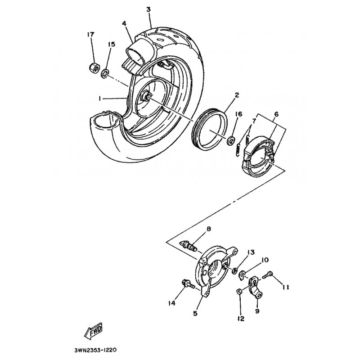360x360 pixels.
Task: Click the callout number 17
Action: (91, 35)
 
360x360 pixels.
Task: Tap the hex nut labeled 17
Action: (94, 67)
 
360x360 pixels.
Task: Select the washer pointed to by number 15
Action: (105, 74)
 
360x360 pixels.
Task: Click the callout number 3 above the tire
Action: (148, 9)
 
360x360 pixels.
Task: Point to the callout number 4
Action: (124, 23)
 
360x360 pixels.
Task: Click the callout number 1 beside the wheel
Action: (100, 98)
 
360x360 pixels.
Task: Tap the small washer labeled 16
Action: (230, 140)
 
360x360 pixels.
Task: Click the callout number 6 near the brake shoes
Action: (276, 114)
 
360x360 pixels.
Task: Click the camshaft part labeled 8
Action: (189, 246)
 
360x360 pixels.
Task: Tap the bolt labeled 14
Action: (188, 284)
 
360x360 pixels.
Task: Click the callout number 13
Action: (251, 252)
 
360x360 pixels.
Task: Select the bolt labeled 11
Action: (267, 275)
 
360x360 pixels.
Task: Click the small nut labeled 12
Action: (239, 292)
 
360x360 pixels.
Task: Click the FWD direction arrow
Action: (93, 332)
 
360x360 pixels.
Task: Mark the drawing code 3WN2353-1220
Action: (96, 350)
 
